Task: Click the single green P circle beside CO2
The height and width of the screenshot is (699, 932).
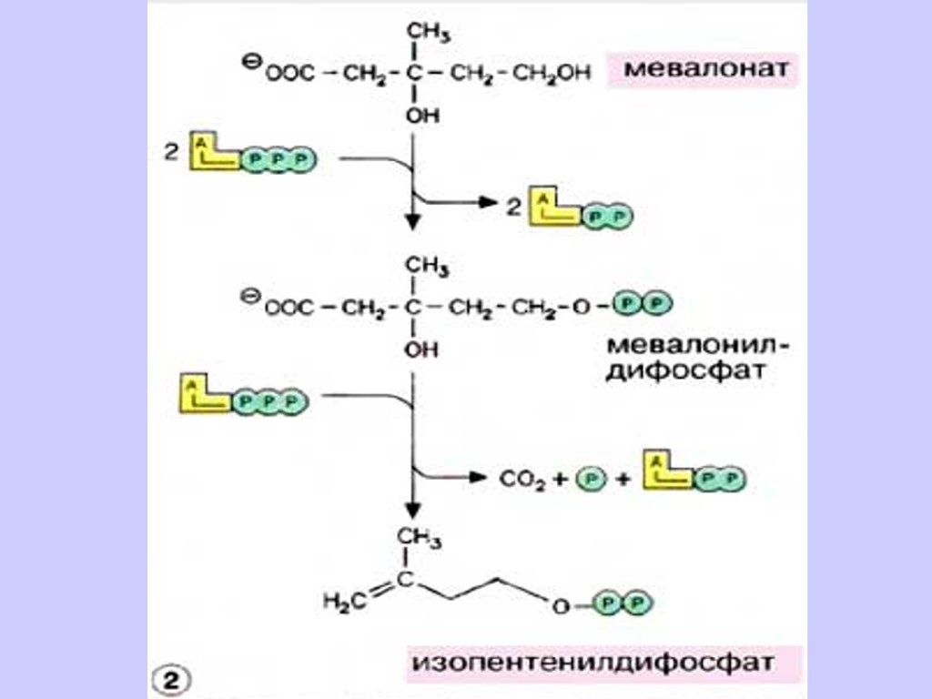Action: [590, 478]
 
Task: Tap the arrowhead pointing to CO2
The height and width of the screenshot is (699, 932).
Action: [479, 475]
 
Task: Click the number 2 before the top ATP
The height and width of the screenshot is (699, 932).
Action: [170, 154]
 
